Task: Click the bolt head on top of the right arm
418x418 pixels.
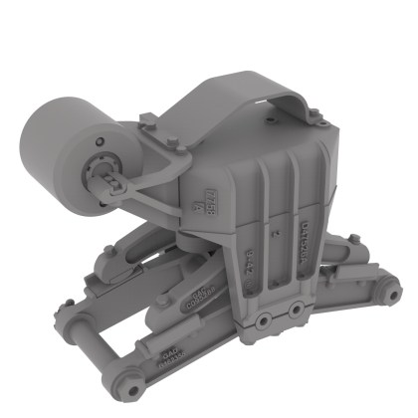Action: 350,239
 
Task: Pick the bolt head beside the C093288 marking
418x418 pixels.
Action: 162,300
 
